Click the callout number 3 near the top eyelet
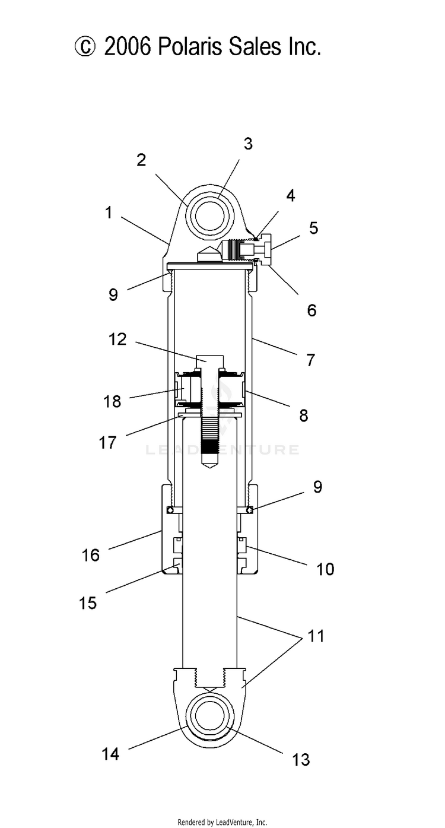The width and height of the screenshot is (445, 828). [x=248, y=144]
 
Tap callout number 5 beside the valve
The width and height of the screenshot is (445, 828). [x=313, y=228]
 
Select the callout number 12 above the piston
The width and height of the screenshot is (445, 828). [x=117, y=340]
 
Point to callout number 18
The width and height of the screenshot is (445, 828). [x=112, y=401]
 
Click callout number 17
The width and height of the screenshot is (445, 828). [x=108, y=442]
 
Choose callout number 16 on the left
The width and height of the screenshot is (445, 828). [x=91, y=555]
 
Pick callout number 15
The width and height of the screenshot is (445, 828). [x=88, y=603]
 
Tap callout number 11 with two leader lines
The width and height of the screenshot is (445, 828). [x=316, y=636]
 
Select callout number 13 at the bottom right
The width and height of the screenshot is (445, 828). [x=301, y=760]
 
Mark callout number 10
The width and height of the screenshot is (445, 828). [x=325, y=569]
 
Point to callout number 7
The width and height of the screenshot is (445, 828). [x=310, y=360]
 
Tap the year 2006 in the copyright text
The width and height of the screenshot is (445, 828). [x=128, y=47]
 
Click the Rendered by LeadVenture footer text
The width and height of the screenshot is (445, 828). [x=223, y=823]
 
